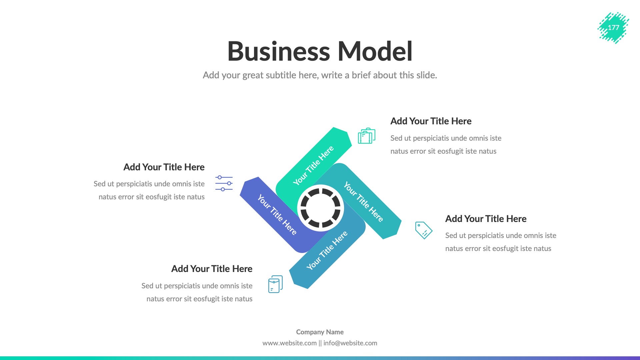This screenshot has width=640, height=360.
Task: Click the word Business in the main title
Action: click(278, 52)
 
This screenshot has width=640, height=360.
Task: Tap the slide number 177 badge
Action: click(613, 28)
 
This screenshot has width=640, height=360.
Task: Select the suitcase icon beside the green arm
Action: click(366, 136)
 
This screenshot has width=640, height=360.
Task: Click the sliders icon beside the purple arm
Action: click(224, 183)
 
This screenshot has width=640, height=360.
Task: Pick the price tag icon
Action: click(423, 230)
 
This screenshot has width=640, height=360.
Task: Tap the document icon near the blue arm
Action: click(275, 284)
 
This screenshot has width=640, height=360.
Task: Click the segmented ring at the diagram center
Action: click(320, 208)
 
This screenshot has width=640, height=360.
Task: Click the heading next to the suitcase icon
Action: click(431, 121)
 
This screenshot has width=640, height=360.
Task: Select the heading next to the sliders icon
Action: click(164, 167)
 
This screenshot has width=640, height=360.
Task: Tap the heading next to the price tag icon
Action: click(486, 219)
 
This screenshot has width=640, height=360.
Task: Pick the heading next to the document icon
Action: click(212, 269)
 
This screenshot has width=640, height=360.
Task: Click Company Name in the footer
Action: click(320, 332)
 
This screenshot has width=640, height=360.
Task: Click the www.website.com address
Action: click(289, 343)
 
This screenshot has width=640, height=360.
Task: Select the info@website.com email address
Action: click(350, 343)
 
